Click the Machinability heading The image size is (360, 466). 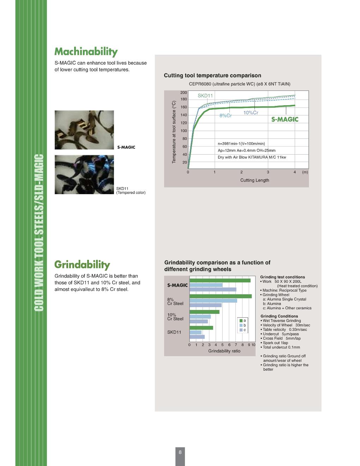[86, 52]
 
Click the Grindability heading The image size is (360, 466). [82, 265]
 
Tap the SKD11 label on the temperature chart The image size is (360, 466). [205, 96]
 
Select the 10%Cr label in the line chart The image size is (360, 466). [251, 113]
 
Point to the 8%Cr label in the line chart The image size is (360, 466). [226, 116]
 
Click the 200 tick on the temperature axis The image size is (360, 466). [184, 92]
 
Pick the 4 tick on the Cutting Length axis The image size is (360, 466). [295, 172]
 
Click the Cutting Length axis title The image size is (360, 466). [254, 180]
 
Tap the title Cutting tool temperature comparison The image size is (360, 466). [212, 76]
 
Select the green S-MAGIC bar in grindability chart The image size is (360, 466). [220, 280]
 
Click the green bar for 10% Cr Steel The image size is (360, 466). [204, 312]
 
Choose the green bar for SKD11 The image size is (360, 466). [201, 328]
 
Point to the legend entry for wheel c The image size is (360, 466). [243, 330]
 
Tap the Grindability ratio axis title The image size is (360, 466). [224, 351]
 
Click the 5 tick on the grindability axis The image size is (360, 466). [222, 345]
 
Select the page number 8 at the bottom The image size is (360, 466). [180, 452]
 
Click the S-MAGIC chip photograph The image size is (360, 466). [84, 130]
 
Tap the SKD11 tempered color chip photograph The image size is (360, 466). [84, 174]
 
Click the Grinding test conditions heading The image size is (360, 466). [282, 277]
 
